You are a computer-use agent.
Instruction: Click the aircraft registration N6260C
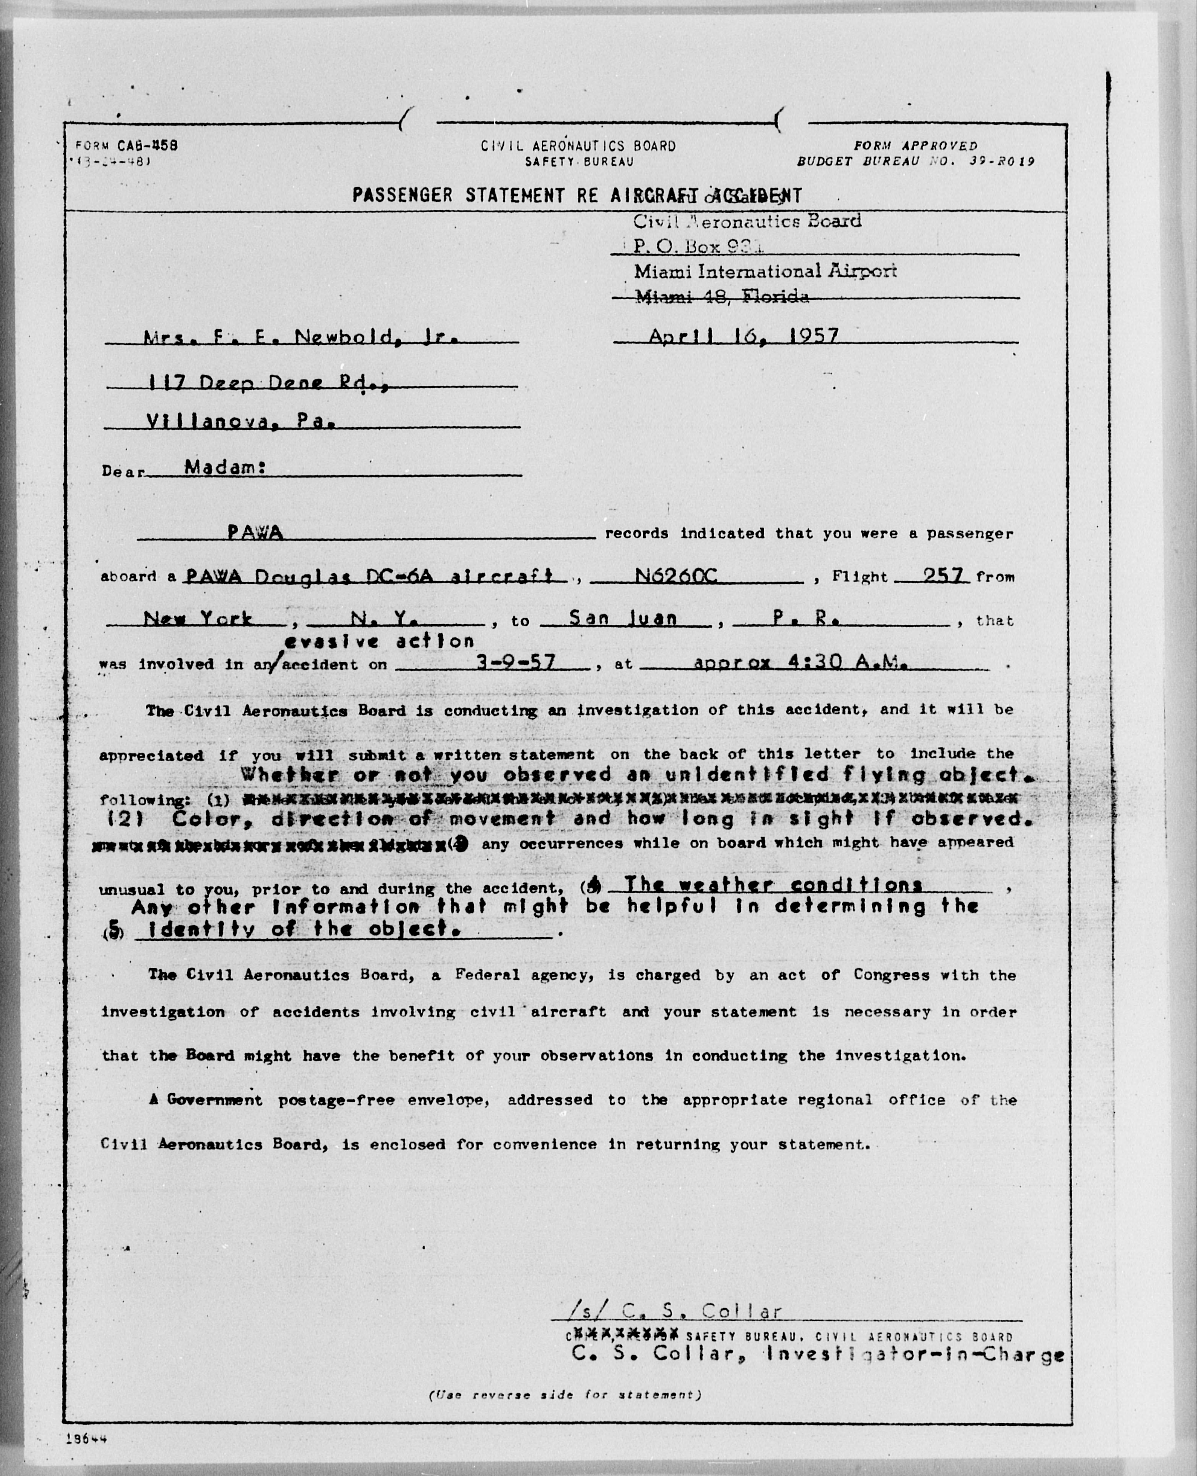676,575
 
